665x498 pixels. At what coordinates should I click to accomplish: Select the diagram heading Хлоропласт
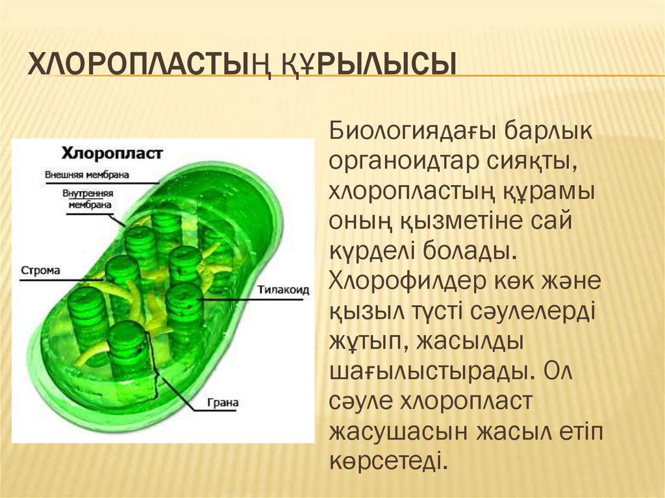[112, 153]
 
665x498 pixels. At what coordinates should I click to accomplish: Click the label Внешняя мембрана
[87, 175]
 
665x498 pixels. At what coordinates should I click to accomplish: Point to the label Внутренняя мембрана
[88, 199]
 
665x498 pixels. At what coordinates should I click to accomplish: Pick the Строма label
[41, 270]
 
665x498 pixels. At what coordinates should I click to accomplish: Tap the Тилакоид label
[284, 290]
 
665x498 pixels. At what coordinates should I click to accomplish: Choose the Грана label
[223, 403]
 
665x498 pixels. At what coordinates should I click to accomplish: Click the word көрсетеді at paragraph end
[388, 461]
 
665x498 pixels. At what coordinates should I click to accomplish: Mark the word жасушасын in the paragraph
[399, 432]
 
